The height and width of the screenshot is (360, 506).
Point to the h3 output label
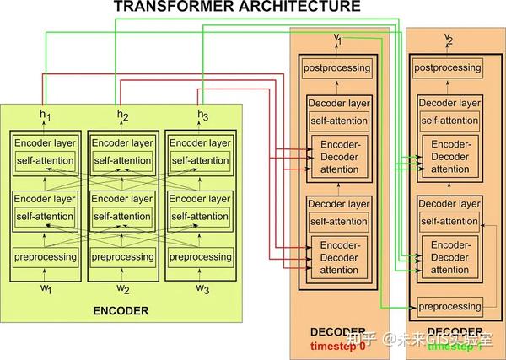coord(202,116)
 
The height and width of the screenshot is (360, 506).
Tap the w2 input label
coord(123,289)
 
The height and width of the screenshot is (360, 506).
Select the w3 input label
coord(202,289)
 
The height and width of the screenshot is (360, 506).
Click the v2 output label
coord(448,38)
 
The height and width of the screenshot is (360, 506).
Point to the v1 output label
coord(338,38)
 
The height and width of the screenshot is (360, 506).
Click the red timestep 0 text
coord(338,346)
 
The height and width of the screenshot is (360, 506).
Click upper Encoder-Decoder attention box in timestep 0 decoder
coord(338,158)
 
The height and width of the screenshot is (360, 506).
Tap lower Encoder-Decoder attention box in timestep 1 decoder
coord(448,258)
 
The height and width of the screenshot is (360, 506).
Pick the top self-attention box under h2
coord(123,161)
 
